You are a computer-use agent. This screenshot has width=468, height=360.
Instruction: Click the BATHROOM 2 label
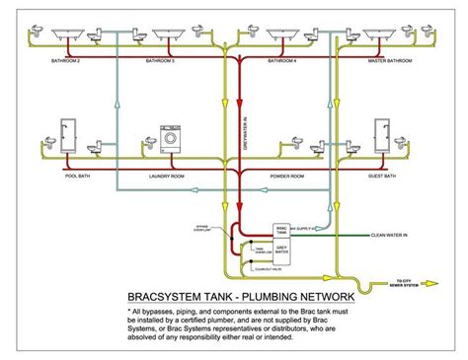click(x=65, y=61)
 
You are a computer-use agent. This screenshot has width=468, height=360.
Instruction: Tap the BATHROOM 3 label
click(x=160, y=61)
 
